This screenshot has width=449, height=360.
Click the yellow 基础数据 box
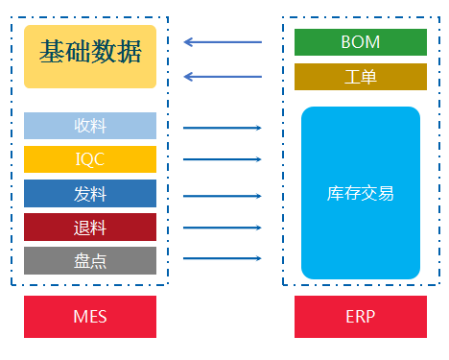[x=90, y=57]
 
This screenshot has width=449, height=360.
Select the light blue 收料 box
[x=90, y=126]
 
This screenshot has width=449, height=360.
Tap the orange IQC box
[x=90, y=159]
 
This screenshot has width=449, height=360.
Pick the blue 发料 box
[x=90, y=194]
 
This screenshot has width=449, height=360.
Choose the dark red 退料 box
[x=90, y=228]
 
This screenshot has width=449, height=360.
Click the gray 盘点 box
[x=90, y=259]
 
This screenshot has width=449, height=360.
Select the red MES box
[x=90, y=317]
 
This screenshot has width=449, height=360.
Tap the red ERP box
[x=360, y=317]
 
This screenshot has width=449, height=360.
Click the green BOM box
[x=360, y=42]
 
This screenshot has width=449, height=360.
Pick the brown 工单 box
[x=360, y=77]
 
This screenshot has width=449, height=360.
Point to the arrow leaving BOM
[x=223, y=42]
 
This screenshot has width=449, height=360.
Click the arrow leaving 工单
[x=223, y=77]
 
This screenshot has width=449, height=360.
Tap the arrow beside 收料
[x=223, y=127]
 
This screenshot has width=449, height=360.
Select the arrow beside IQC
[x=223, y=160]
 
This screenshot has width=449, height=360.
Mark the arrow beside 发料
[x=223, y=195]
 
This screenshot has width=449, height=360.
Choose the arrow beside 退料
[x=223, y=228]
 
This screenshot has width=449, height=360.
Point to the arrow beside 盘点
[x=223, y=258]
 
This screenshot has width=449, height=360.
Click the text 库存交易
[x=360, y=193]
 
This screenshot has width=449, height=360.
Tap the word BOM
[x=360, y=42]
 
